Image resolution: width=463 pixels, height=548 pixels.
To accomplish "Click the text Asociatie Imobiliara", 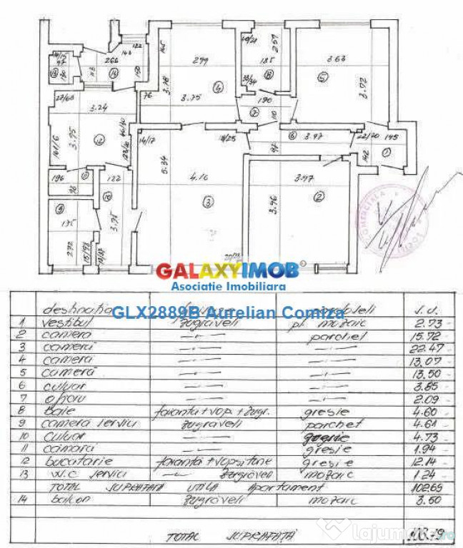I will click(228, 286).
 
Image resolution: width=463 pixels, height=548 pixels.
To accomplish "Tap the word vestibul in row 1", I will click(64, 323).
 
